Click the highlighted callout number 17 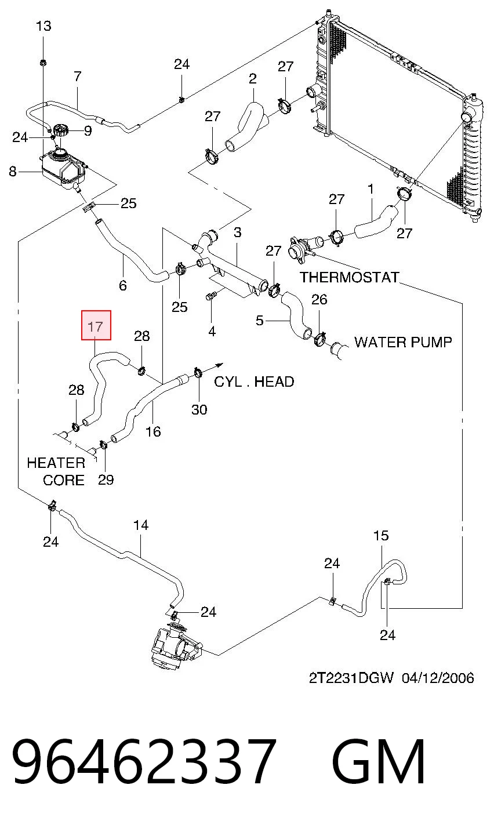96,327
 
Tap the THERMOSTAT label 350,278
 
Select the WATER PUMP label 403,342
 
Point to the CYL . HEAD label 254,382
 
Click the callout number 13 43,26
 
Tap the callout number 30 199,409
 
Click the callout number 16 153,431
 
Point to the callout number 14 141,525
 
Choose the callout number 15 381,536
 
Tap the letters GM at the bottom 379,761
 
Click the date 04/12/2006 438,678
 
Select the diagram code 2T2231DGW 351,678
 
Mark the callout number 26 319,299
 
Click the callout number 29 106,479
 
